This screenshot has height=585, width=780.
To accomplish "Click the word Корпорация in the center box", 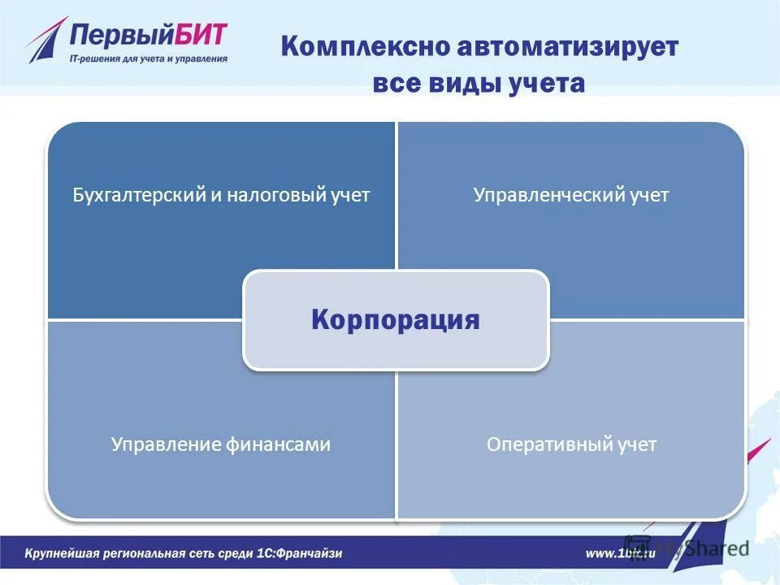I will (396, 320).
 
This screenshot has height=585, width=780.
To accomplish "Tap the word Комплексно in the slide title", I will (365, 47).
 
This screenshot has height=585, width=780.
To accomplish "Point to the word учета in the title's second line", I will (547, 84).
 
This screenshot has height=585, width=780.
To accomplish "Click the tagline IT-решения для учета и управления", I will (149, 58).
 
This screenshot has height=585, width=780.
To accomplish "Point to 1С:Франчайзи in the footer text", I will (301, 553).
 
